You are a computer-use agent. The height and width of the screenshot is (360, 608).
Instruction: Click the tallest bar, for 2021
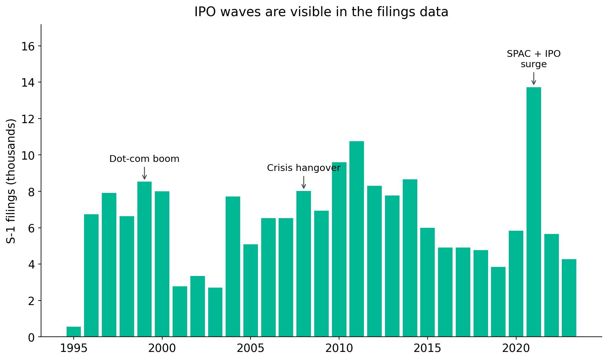pos(534,212)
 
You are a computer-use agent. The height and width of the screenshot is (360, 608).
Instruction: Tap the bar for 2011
pos(357,239)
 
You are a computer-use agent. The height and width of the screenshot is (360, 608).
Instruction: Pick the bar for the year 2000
pos(162,264)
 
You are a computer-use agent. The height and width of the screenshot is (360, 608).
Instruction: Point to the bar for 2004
pos(233,267)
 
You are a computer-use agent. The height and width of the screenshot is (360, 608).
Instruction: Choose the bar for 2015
pos(427,282)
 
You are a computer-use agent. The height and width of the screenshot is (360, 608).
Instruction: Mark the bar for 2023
pos(569,298)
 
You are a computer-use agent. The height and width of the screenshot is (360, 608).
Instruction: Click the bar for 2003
pos(215,312)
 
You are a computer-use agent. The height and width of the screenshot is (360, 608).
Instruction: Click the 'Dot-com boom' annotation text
pos(144,159)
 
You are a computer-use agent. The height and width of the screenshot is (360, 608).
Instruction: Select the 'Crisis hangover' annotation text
pos(304,168)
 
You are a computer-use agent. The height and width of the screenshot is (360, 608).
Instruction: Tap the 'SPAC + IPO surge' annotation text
pos(534,59)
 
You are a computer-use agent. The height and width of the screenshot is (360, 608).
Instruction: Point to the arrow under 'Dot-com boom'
pos(144,173)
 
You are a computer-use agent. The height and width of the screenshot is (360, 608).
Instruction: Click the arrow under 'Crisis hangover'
pos(304,182)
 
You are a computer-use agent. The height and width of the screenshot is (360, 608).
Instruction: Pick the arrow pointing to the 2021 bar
pos(534,79)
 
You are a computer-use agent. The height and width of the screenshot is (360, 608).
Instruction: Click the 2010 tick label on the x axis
pos(339,348)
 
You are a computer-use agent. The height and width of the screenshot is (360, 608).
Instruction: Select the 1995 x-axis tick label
pos(74,348)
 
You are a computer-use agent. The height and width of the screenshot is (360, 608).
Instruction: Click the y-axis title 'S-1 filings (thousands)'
pos(11,181)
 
